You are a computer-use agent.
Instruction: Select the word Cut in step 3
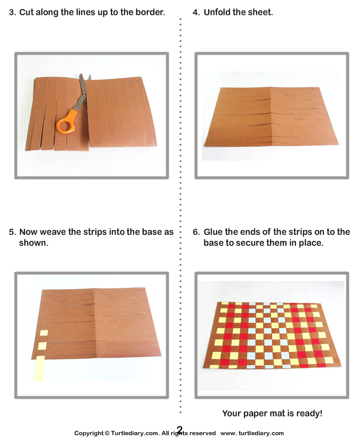pos(28,12)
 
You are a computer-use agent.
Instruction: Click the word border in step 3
pos(148,12)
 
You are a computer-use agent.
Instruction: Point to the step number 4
pos(195,12)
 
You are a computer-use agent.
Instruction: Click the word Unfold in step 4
pos(217,12)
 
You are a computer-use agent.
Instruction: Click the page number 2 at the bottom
pos(180,430)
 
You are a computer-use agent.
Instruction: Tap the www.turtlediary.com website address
pos(252,433)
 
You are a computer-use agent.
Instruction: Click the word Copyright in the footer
pos(90,433)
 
